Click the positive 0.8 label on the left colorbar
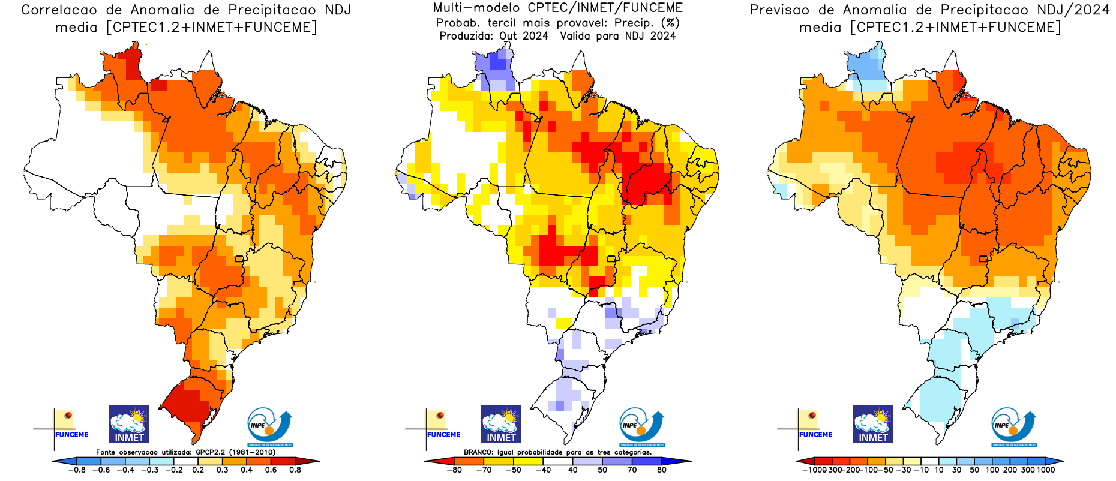point(295,470)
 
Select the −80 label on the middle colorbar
point(454,470)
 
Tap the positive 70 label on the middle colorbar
point(632,470)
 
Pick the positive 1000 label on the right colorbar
point(1045,470)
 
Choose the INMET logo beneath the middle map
point(501,424)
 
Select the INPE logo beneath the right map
point(1013,426)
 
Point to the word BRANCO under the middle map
point(478,452)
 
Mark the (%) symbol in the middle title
point(670,23)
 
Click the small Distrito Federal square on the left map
point(239,259)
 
